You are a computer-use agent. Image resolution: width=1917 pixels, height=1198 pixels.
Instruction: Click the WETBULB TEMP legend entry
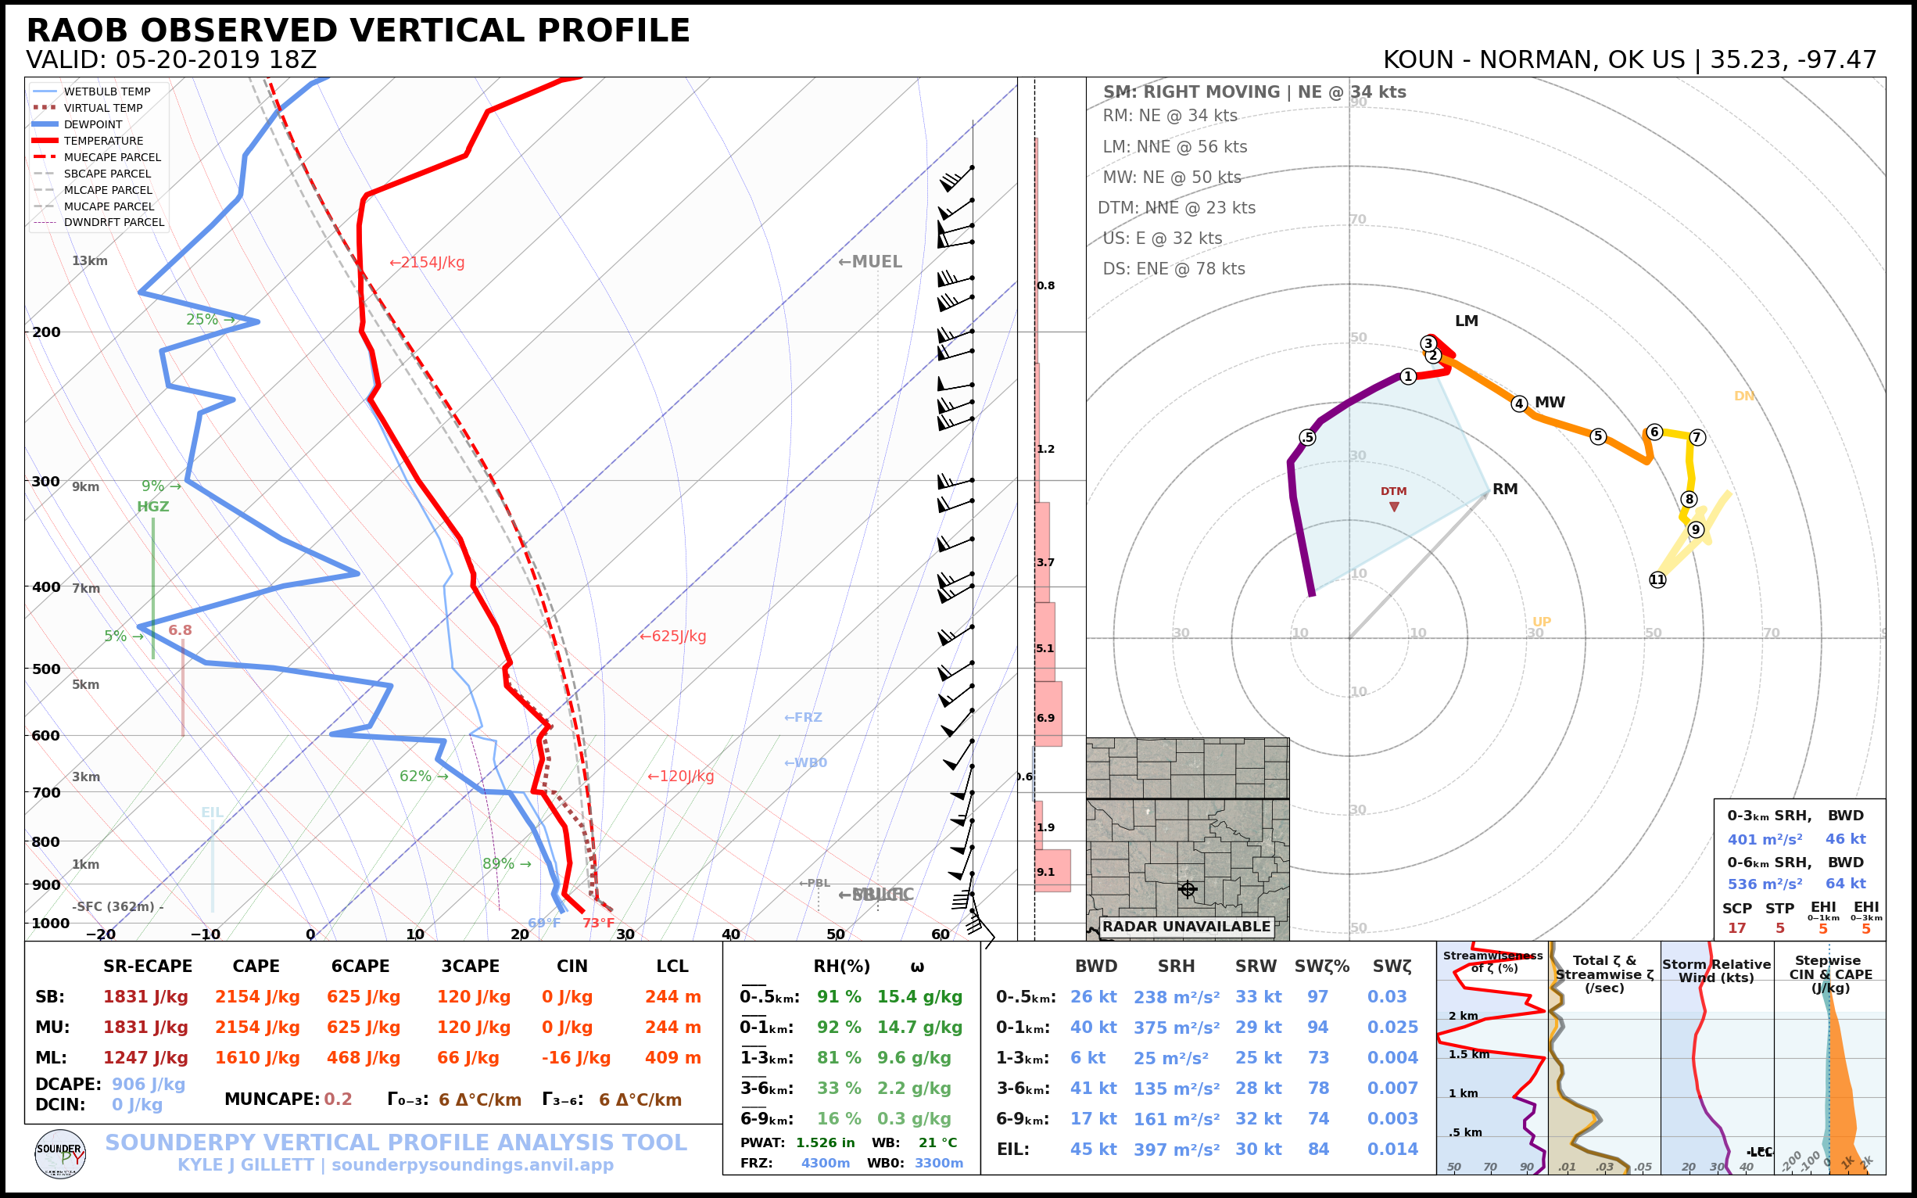[x=106, y=92]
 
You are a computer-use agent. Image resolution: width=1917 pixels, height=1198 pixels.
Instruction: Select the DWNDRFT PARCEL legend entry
[x=113, y=223]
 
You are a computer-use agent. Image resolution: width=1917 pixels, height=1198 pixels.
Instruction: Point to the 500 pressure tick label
[x=46, y=669]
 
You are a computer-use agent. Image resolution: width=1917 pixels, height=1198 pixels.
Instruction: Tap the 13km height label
[x=89, y=260]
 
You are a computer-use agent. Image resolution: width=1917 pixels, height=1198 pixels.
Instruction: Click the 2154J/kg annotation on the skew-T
[x=427, y=262]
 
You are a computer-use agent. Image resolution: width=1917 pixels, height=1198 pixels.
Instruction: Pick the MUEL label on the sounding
[x=870, y=261]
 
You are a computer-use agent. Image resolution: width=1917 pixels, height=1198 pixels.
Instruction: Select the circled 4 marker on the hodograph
[x=1518, y=404]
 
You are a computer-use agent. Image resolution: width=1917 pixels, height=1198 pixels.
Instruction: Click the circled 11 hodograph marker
[x=1657, y=580]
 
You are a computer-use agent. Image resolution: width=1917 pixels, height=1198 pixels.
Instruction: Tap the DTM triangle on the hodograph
[x=1394, y=506]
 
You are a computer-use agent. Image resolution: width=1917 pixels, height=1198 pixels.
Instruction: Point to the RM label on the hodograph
[x=1505, y=489]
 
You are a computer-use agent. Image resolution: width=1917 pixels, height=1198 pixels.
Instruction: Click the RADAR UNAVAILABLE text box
[x=1186, y=926]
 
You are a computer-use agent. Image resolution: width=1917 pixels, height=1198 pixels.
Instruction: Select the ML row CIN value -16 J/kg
[x=576, y=1058]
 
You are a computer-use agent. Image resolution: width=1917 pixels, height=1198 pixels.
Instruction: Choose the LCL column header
[x=672, y=966]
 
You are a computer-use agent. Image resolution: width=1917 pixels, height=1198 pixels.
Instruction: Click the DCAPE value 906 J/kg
[x=148, y=1084]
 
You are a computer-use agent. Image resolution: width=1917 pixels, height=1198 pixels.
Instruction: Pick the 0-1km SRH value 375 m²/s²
[x=1177, y=1028]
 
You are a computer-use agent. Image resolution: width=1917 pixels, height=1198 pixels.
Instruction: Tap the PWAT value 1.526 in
[x=826, y=1142]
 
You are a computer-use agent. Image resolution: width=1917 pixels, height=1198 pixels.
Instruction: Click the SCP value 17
[x=1736, y=927]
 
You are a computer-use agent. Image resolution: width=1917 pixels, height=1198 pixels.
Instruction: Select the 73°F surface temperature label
[x=598, y=923]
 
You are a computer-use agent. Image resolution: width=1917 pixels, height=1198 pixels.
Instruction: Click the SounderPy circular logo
[x=60, y=1153]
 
